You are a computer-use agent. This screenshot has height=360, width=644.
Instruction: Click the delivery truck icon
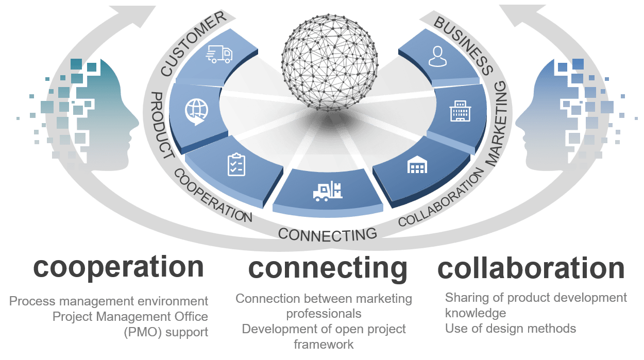(x=219, y=54)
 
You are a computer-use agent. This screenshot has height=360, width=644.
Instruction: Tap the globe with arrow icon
(x=196, y=111)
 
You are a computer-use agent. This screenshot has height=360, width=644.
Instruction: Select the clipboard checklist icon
(x=236, y=164)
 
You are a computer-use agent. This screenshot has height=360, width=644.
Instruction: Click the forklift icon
(x=328, y=192)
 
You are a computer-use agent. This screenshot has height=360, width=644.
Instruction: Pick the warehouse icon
(x=417, y=165)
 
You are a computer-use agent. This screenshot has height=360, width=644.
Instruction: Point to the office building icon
(x=460, y=111)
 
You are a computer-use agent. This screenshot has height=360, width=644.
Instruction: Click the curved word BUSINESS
(x=464, y=44)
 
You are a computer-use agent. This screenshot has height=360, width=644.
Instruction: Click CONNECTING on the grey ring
(x=328, y=234)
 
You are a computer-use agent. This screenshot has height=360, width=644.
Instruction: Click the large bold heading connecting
(x=328, y=269)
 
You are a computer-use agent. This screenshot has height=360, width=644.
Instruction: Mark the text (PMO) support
(x=166, y=332)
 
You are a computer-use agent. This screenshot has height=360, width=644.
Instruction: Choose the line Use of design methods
(x=510, y=328)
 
